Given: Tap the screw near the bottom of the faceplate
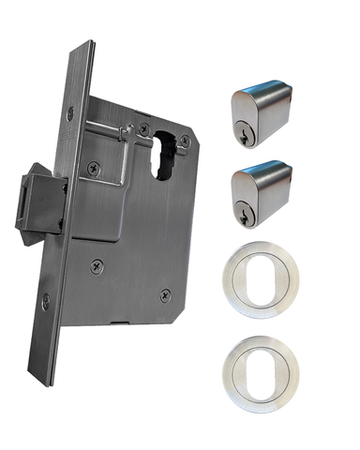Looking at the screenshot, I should point(46,301).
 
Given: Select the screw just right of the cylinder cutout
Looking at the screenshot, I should point(186,141).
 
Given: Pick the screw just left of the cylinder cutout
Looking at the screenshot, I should point(144,129).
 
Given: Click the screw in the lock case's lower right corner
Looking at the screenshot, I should point(166,292).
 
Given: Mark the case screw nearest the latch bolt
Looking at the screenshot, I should point(92,169).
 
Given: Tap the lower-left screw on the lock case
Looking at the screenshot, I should point(96,266).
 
